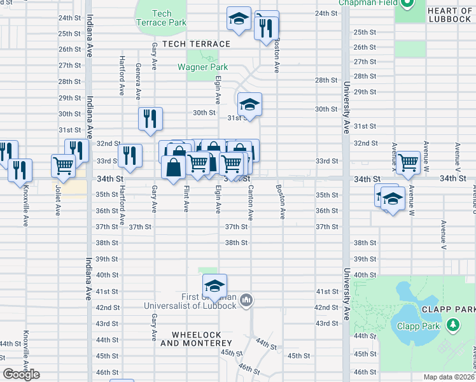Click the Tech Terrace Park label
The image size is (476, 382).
point(162,18)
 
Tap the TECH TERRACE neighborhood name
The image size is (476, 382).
point(196,44)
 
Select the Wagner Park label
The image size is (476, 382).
point(202,67)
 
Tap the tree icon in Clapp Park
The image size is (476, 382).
point(453,325)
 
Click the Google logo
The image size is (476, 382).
point(21,374)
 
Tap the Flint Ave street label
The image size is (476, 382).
point(186,199)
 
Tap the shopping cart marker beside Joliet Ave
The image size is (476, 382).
point(64,166)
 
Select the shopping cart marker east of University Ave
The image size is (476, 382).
point(407,162)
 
